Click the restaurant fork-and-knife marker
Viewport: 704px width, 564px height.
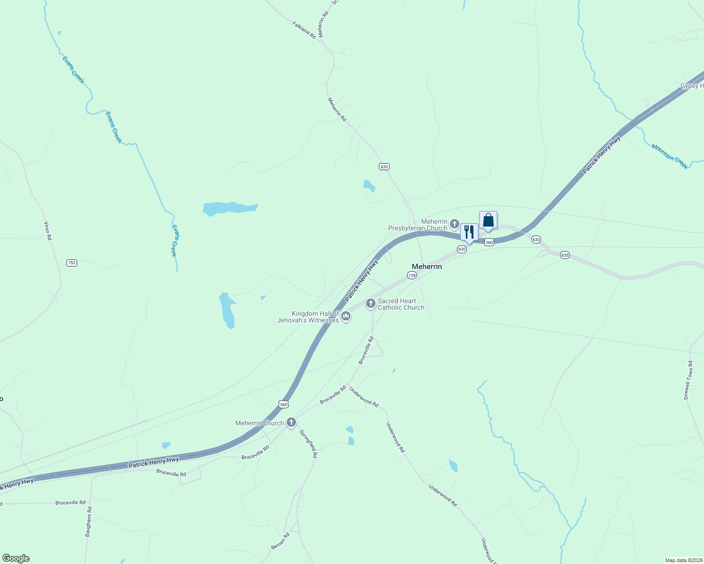click(469, 232)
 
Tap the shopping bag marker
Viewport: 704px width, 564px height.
click(488, 220)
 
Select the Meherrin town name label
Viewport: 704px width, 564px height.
click(427, 266)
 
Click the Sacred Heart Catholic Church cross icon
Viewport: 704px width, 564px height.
click(371, 304)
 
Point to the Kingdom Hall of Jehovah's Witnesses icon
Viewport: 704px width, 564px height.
click(346, 316)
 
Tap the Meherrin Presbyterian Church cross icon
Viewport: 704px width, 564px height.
click(454, 223)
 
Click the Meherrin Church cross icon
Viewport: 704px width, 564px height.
click(291, 422)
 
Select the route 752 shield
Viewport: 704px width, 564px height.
click(72, 263)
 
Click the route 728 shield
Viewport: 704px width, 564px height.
click(412, 275)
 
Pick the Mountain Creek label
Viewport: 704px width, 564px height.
click(670, 157)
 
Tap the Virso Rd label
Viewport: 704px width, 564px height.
click(48, 231)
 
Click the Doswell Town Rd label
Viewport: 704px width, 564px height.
click(688, 380)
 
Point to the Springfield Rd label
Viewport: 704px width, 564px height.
click(308, 443)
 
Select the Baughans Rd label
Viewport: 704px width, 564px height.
click(88, 522)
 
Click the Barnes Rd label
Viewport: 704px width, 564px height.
click(280, 541)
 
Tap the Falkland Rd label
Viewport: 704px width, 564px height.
click(304, 30)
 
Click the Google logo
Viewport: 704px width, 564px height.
click(16, 558)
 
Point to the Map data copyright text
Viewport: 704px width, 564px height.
click(683, 560)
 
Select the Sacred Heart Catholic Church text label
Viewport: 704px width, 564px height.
click(401, 304)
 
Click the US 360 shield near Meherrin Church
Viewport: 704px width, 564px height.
click(283, 404)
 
